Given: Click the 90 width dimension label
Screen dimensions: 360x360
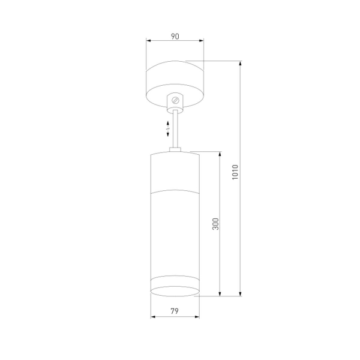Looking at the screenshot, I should (175, 36).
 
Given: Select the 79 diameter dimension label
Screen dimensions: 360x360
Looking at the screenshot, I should (175, 311).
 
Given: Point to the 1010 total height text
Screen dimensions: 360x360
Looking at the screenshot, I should (235, 173).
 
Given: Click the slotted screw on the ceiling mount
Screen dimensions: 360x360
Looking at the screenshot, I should (176, 100).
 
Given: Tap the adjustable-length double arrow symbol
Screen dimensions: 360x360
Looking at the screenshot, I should (169, 127).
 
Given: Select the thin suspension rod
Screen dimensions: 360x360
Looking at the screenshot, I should (176, 129).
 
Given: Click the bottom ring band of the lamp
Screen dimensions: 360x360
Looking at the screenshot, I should (175, 287).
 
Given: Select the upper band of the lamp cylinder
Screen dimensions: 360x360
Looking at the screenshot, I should (175, 173).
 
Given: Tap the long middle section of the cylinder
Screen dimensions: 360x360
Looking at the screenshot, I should (175, 234).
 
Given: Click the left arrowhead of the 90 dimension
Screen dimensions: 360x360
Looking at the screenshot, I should (149, 42).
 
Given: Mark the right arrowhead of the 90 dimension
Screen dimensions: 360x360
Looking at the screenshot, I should (202, 42).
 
